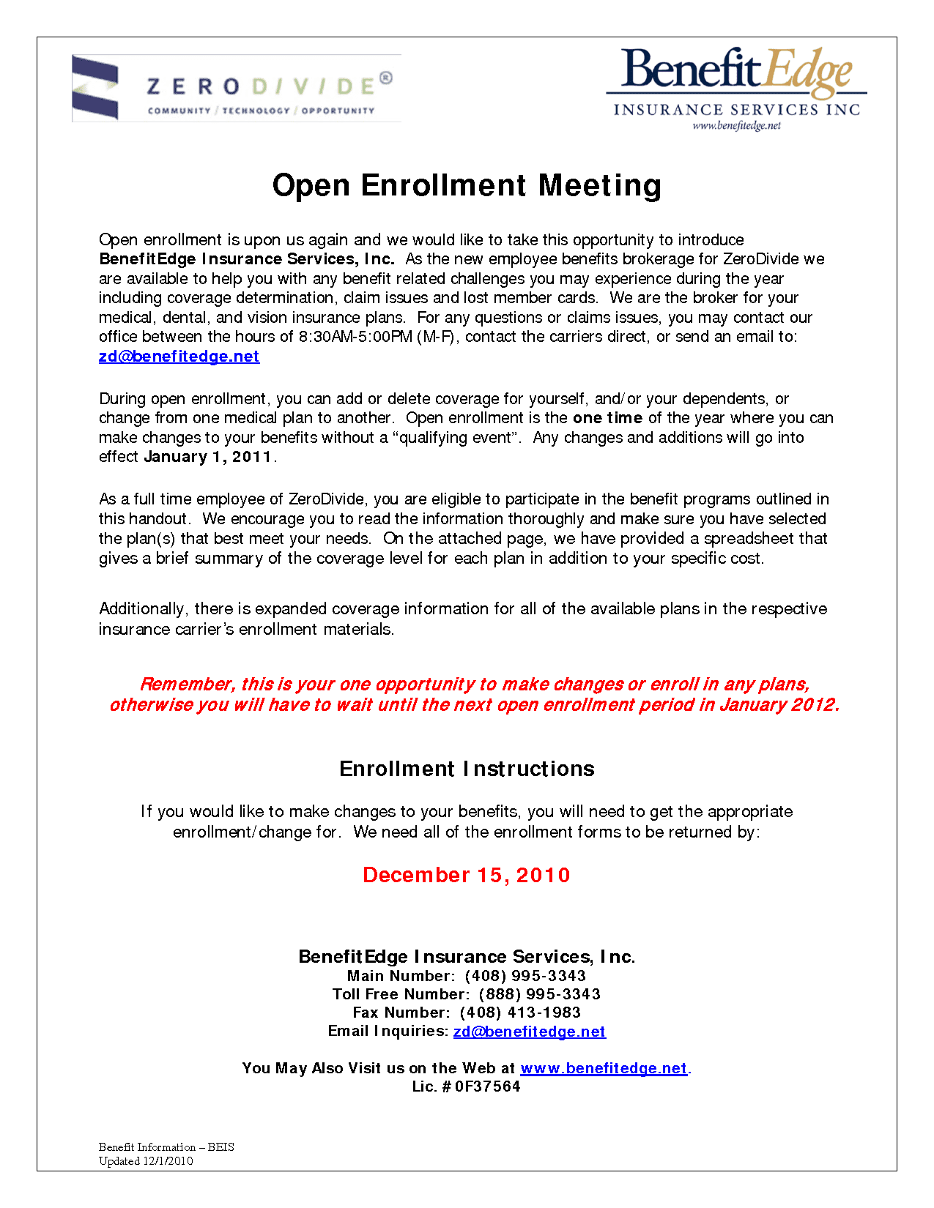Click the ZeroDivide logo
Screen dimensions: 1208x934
click(236, 89)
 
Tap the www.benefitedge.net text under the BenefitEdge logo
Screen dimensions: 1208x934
click(736, 126)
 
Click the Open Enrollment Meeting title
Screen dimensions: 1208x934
click(467, 185)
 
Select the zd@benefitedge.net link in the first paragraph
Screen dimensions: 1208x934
click(179, 357)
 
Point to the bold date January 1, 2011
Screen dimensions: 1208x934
click(208, 457)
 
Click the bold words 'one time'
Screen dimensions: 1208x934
click(607, 418)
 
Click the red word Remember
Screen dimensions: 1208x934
click(186, 685)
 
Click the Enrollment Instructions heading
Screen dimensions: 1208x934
click(467, 769)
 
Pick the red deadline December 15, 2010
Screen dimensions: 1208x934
click(467, 876)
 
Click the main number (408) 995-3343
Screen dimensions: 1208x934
click(525, 976)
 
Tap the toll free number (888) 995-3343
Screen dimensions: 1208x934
click(539, 994)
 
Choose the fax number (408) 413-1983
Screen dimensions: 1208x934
click(520, 1013)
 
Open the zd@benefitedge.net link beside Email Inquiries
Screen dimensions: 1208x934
click(529, 1032)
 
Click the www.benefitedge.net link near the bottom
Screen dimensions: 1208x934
click(604, 1068)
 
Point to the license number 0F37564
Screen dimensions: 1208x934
click(487, 1086)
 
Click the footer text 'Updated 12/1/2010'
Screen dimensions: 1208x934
click(146, 1161)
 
